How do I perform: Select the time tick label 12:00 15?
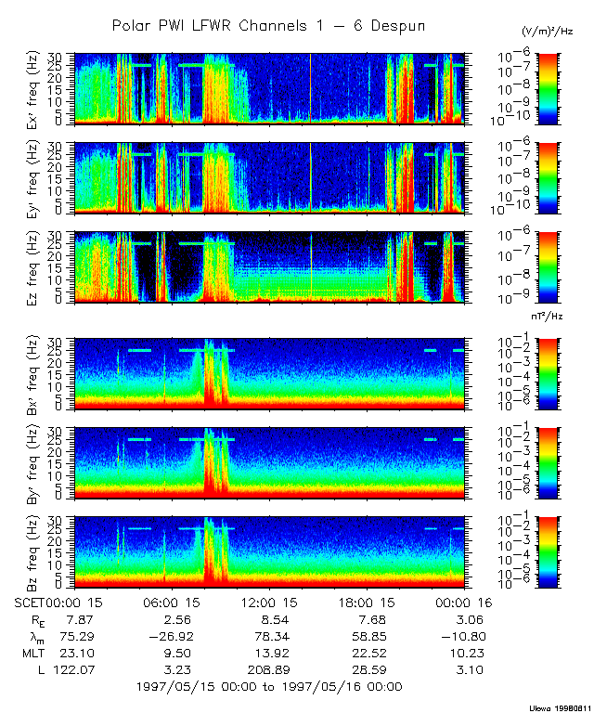coord(266,603)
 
